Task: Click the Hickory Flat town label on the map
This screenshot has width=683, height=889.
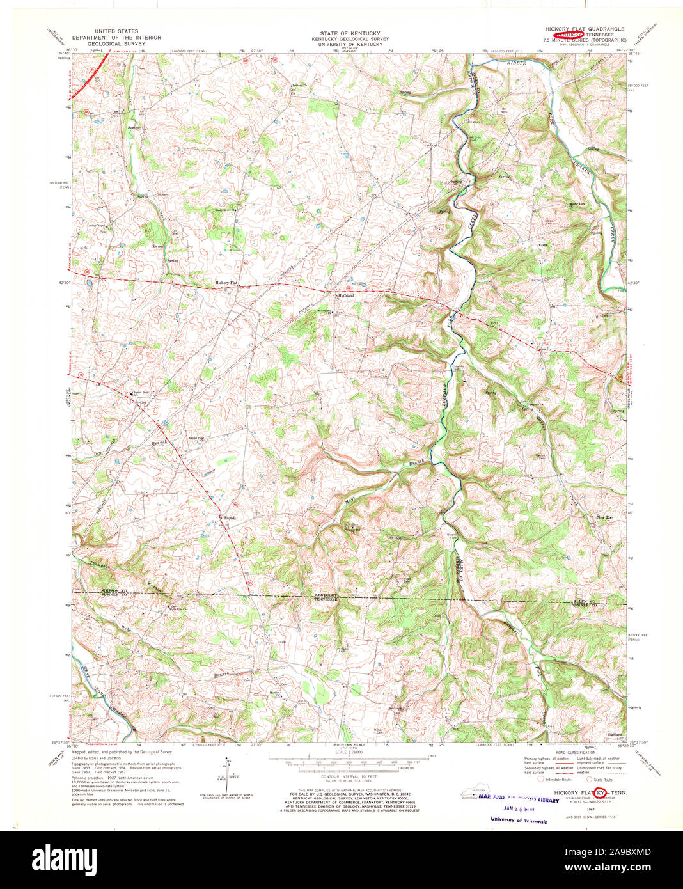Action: [226, 282]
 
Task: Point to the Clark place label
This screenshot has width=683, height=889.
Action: [544, 244]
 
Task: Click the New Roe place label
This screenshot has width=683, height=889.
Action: [605, 517]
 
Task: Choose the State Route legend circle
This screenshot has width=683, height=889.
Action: [590, 780]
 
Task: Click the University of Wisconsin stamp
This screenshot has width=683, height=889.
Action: [519, 820]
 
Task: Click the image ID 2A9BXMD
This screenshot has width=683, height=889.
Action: [615, 852]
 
